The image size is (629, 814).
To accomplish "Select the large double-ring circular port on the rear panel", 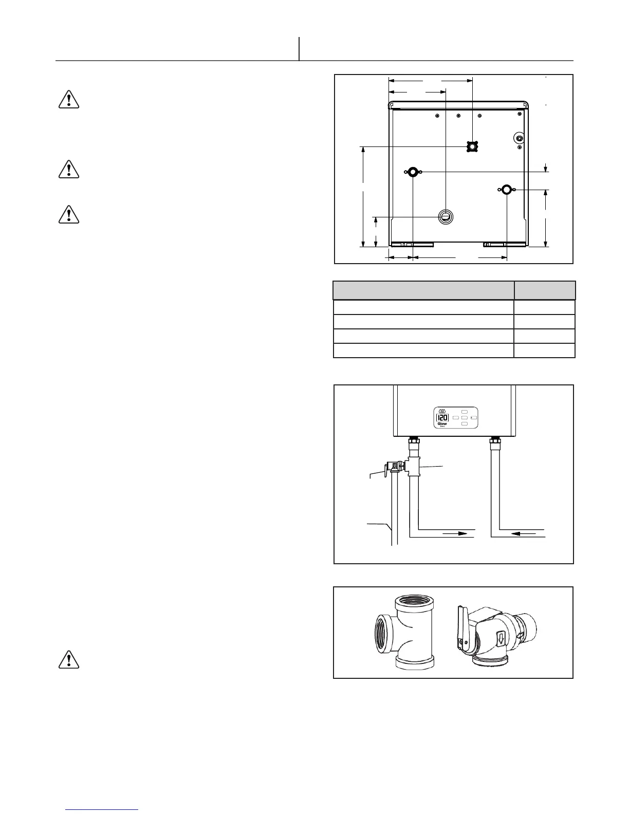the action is click(x=446, y=217).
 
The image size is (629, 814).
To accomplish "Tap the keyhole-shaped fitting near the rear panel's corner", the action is click(x=520, y=138).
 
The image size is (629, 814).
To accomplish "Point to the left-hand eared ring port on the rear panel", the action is click(x=413, y=172).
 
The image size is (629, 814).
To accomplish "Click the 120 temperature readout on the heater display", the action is click(x=442, y=417).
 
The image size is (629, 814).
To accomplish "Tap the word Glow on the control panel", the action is click(x=442, y=424).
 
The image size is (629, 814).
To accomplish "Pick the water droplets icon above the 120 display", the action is click(x=442, y=411).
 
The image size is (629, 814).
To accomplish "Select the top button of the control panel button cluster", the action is click(x=465, y=412).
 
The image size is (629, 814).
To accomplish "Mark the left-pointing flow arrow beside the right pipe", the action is click(x=524, y=534).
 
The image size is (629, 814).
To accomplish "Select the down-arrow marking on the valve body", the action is click(x=502, y=640).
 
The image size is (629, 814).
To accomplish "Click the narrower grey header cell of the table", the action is click(x=545, y=290).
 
